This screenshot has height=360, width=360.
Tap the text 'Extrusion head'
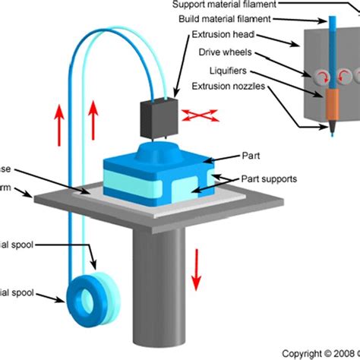pyautogui.click(x=225, y=36)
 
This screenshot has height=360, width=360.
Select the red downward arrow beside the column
pyautogui.click(x=196, y=269)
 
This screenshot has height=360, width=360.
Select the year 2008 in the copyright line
pyautogui.click(x=339, y=352)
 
